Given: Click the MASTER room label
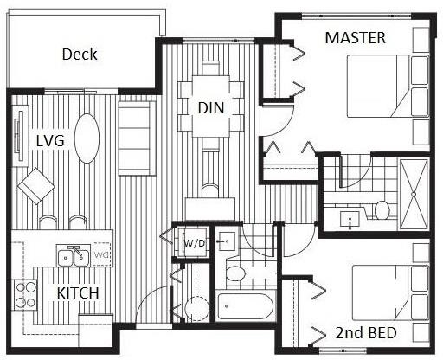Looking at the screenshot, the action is [355, 38].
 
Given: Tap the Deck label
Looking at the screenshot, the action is [80, 55].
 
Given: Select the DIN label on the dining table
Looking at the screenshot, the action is [211, 108].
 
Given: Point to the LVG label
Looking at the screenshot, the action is [50, 141].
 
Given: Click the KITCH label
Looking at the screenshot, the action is [78, 293].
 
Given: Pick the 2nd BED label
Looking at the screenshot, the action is [366, 333].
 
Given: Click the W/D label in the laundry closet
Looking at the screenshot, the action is [194, 243].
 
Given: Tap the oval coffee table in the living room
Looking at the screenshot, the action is [87, 138].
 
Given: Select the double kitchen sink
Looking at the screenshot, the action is [73, 256].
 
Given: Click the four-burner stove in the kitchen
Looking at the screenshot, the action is [25, 295].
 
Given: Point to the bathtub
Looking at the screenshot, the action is [246, 306].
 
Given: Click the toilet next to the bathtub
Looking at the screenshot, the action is [235, 273].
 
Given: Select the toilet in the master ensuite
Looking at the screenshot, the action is [382, 209].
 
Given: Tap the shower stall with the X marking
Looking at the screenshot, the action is [414, 194].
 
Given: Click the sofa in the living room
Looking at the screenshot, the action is [138, 138].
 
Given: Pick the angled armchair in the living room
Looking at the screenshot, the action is [36, 186].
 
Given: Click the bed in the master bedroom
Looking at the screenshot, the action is [388, 86].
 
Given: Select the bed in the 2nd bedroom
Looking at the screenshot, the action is [390, 292].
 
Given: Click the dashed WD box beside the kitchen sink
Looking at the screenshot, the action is [101, 254].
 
